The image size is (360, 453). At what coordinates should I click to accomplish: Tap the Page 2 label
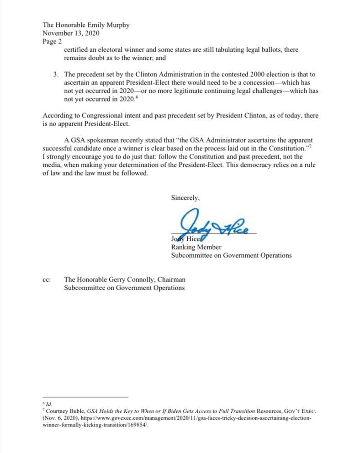coord(53,41)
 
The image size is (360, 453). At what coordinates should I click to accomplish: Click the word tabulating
coord(218,49)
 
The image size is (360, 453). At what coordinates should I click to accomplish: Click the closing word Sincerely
coord(185,198)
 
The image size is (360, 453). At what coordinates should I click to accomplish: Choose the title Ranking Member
coord(196,247)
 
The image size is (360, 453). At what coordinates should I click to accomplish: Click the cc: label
coord(47,280)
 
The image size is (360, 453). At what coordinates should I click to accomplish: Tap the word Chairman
coord(171,280)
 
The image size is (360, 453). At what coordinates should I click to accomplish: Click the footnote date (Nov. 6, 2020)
coord(59,418)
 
